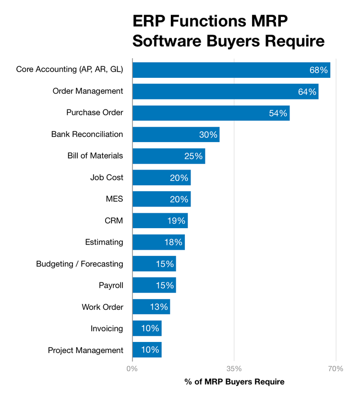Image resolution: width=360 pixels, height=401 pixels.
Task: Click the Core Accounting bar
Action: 231,70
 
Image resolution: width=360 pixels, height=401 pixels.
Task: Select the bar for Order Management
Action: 225,91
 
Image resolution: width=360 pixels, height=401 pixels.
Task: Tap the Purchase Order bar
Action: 211,113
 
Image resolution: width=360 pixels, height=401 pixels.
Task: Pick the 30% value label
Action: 208,134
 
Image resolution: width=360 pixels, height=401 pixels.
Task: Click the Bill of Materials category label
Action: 95,156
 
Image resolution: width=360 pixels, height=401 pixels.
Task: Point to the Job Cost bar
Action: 161,178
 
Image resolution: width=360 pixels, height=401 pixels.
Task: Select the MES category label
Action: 114,199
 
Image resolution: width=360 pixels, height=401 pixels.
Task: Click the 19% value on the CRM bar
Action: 176,221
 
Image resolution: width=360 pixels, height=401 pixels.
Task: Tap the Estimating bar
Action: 158,243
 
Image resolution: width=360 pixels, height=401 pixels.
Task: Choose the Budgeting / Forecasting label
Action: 80,264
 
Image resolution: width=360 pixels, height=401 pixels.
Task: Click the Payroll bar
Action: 154,285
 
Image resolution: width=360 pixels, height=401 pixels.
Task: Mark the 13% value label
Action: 158,307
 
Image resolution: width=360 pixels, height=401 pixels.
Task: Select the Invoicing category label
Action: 107,328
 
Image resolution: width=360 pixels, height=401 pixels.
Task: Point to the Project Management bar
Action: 147,350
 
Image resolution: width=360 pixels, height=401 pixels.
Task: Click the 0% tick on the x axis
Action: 132,369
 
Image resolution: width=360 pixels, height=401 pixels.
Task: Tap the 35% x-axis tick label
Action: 234,369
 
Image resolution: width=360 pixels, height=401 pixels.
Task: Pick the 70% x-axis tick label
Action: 336,369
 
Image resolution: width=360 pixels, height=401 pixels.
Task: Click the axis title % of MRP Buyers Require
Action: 234,382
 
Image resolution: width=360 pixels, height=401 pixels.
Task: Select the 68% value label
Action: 319,70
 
